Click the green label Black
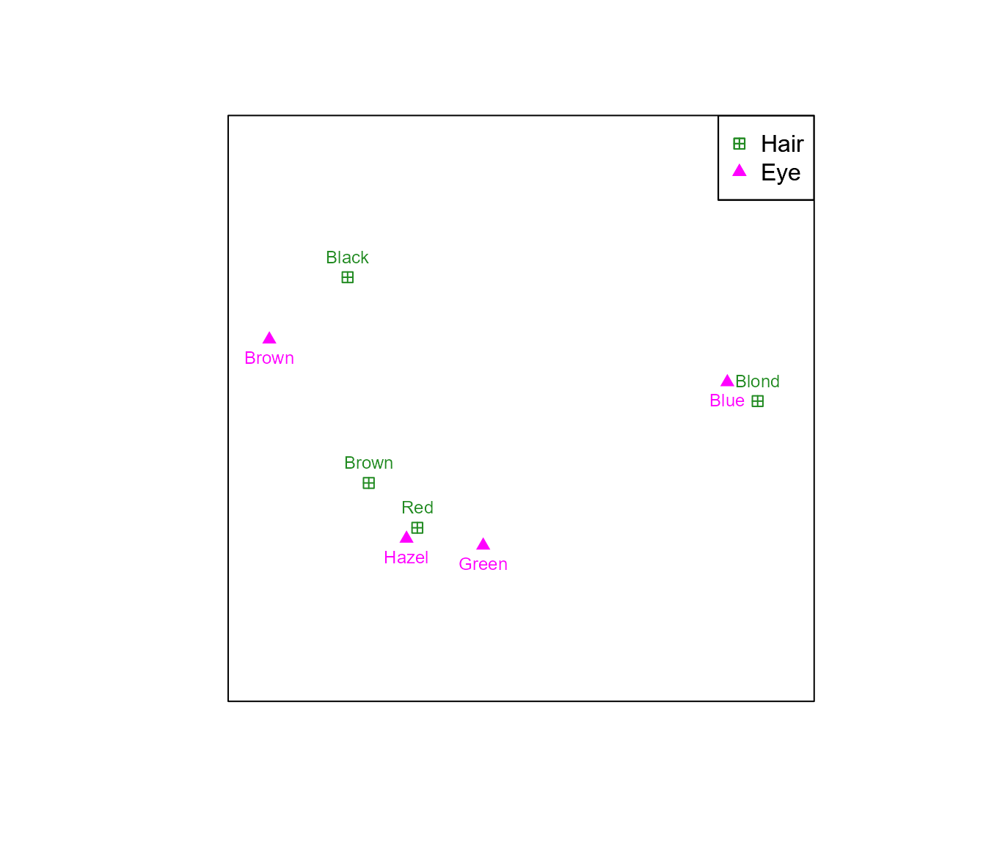(347, 257)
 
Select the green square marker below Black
(348, 277)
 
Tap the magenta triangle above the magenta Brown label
(269, 338)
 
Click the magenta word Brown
(269, 358)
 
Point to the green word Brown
(368, 463)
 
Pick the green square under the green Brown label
(368, 483)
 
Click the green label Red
(417, 508)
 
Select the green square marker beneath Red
(417, 527)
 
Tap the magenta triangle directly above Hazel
(406, 537)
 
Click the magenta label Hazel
(406, 557)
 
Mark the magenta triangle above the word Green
(483, 544)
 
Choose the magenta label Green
(483, 564)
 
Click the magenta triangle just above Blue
(727, 381)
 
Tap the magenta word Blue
(727, 400)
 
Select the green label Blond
(757, 381)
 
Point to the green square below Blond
(757, 401)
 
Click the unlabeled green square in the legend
(739, 144)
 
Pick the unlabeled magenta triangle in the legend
(739, 171)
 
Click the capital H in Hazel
(389, 557)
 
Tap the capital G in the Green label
(464, 564)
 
